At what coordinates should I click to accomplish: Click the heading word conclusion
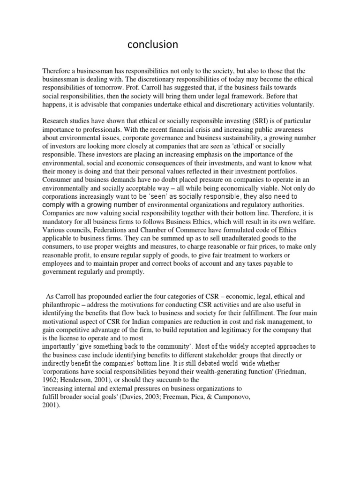click(x=153, y=45)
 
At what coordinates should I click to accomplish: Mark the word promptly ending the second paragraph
click(x=144, y=272)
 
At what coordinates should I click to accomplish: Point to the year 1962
click(x=51, y=380)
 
